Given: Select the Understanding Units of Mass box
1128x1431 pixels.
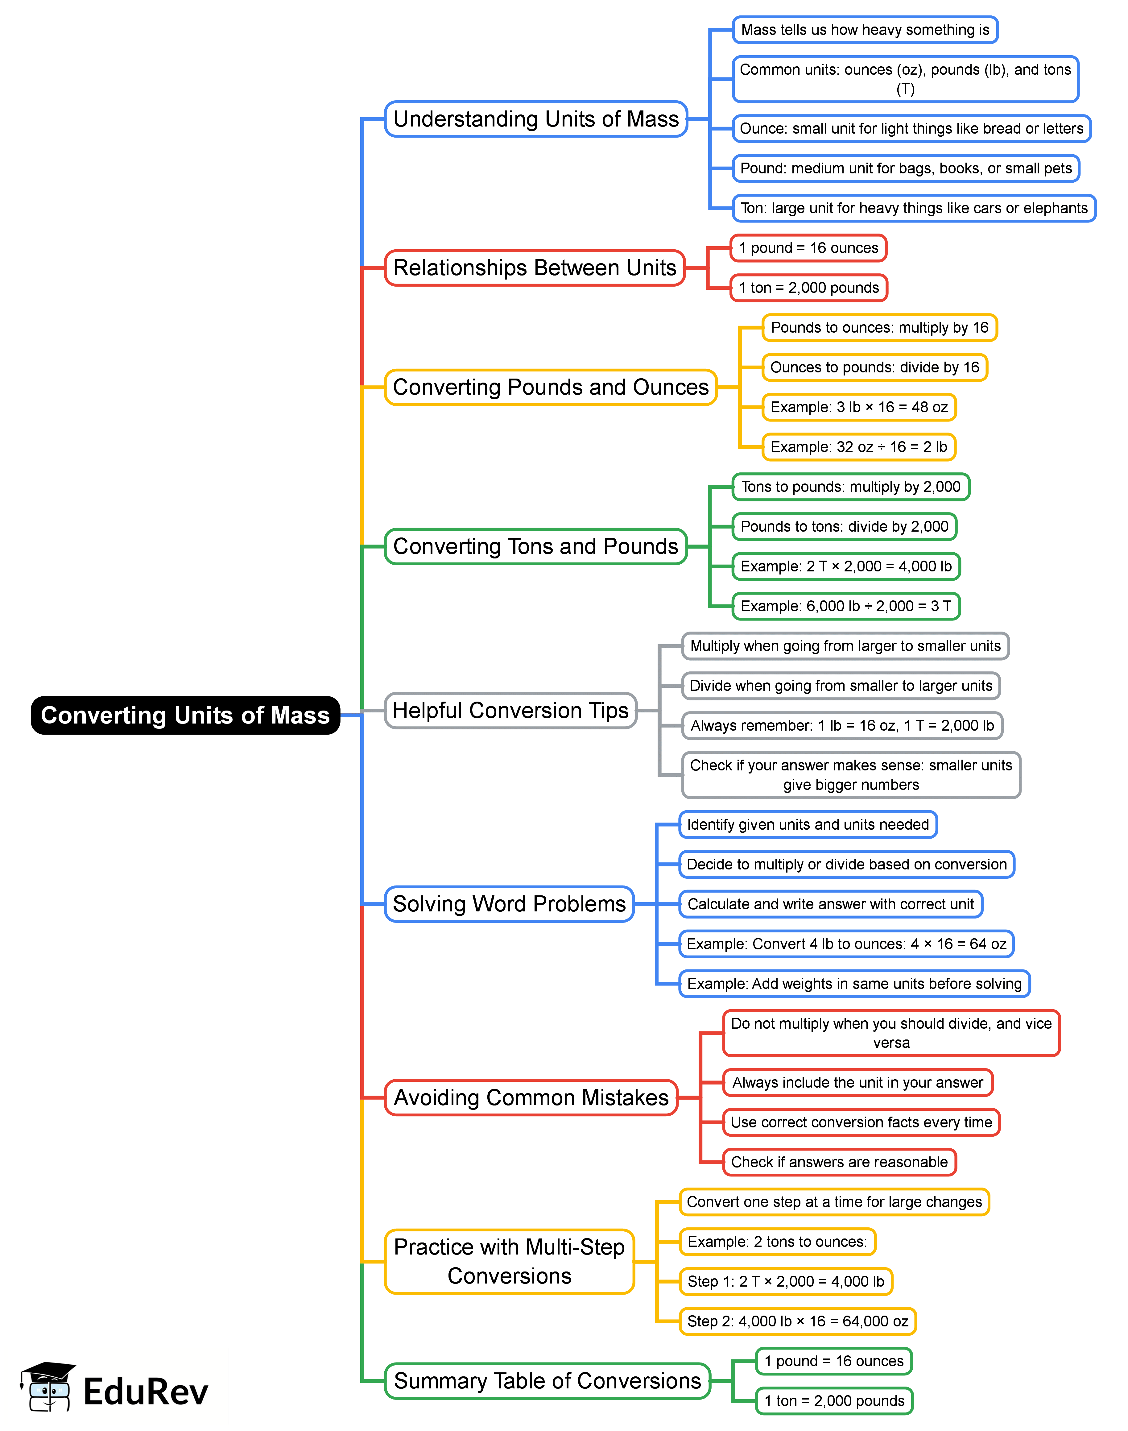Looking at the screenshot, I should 535,119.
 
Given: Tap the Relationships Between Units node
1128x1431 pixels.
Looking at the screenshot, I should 534,268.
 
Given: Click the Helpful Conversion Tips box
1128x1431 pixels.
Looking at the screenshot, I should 510,710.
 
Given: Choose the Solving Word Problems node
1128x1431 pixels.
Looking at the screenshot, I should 509,904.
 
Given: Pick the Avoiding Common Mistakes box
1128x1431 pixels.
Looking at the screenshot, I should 531,1097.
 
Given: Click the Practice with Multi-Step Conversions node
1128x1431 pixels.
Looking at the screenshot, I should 509,1261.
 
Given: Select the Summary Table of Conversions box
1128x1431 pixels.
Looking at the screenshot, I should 547,1381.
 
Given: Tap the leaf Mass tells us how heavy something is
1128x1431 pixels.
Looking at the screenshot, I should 865,30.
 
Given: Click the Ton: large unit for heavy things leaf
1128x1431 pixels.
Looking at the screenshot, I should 913,208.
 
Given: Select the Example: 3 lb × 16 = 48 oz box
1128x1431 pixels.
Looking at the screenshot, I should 858,407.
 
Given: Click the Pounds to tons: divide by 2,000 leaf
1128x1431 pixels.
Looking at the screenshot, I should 844,527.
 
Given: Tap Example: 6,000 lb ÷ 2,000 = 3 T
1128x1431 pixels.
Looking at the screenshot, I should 845,606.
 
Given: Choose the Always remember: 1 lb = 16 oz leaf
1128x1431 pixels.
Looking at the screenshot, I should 842,725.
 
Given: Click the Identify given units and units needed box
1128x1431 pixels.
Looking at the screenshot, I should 808,824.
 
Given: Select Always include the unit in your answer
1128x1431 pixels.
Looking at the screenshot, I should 857,1082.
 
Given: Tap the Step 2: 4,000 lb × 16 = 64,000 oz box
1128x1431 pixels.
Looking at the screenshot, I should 797,1321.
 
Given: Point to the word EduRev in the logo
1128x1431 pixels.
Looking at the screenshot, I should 145,1392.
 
